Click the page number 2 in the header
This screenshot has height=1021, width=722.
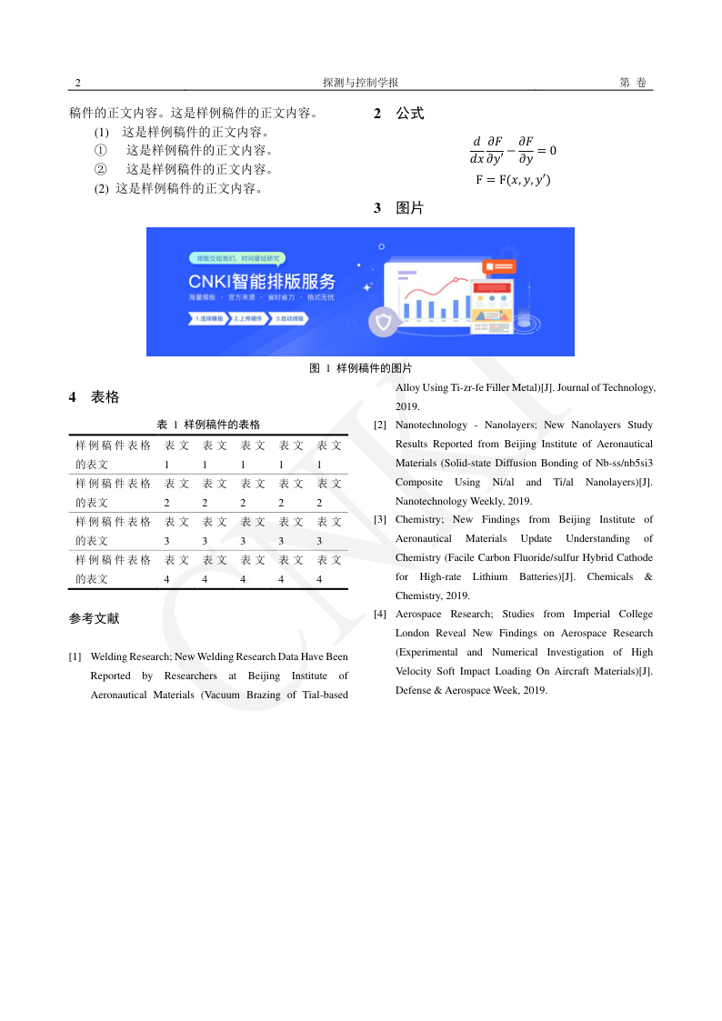[78, 83]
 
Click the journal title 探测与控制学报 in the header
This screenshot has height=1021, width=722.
[361, 83]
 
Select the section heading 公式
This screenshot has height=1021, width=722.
[409, 115]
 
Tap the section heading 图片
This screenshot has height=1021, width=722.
[409, 208]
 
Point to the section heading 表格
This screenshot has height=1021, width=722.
[105, 397]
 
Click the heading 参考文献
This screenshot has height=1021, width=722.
[95, 619]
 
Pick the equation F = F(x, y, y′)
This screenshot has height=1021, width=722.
[513, 180]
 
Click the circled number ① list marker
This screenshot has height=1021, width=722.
[101, 151]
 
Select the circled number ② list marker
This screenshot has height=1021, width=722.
[101, 170]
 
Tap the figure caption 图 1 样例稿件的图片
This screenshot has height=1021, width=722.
[361, 368]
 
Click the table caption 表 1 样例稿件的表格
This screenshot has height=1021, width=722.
[208, 425]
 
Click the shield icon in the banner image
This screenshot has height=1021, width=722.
[383, 323]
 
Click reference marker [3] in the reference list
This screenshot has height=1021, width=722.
[380, 520]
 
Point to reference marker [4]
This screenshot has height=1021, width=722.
[380, 615]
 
